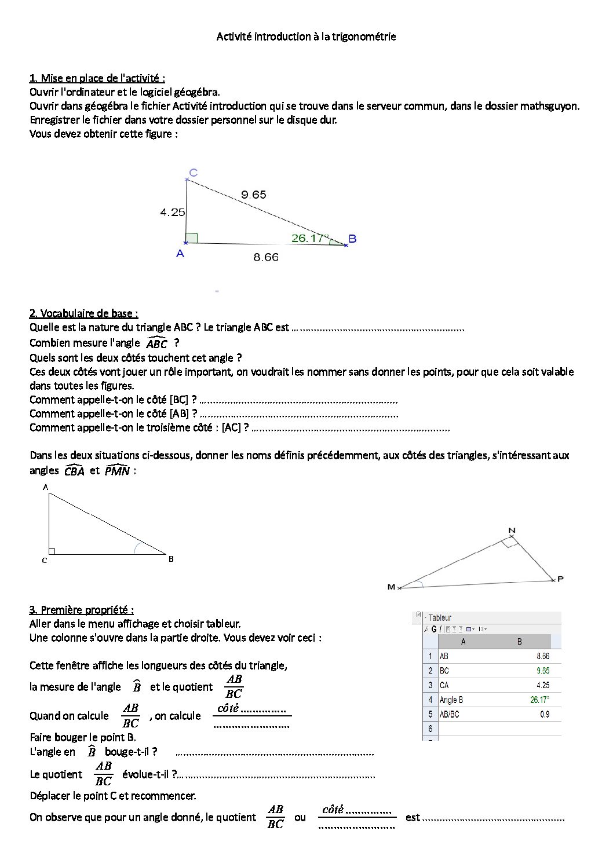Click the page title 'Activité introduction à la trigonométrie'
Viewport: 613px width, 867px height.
[x=306, y=36]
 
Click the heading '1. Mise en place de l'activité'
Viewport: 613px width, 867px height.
[x=97, y=78]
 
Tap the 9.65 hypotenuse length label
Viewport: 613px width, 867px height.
[x=254, y=195]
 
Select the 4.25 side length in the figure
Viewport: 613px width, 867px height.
[x=173, y=213]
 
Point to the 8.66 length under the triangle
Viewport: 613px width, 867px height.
[x=266, y=257]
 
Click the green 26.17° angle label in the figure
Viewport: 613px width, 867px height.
[x=309, y=238]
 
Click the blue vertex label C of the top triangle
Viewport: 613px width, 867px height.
[x=194, y=173]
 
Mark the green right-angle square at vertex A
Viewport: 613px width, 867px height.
[x=192, y=238]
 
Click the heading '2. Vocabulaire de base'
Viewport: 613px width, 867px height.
[x=83, y=313]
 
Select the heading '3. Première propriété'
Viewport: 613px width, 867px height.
[x=81, y=610]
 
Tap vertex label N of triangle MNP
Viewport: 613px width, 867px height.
[x=512, y=531]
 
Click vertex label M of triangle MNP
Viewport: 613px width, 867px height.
[x=391, y=587]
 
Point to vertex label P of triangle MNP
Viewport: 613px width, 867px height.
[x=560, y=579]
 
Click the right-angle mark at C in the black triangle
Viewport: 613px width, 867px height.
[x=52, y=551]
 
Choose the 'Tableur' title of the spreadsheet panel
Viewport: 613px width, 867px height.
[x=440, y=618]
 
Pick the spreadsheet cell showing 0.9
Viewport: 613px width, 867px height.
[x=545, y=715]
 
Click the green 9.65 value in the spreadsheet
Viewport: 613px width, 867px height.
[x=543, y=671]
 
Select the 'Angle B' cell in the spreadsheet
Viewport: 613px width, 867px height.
[x=451, y=700]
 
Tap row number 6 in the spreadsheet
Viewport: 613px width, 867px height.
[x=430, y=729]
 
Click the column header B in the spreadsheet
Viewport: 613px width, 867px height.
[x=519, y=642]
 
